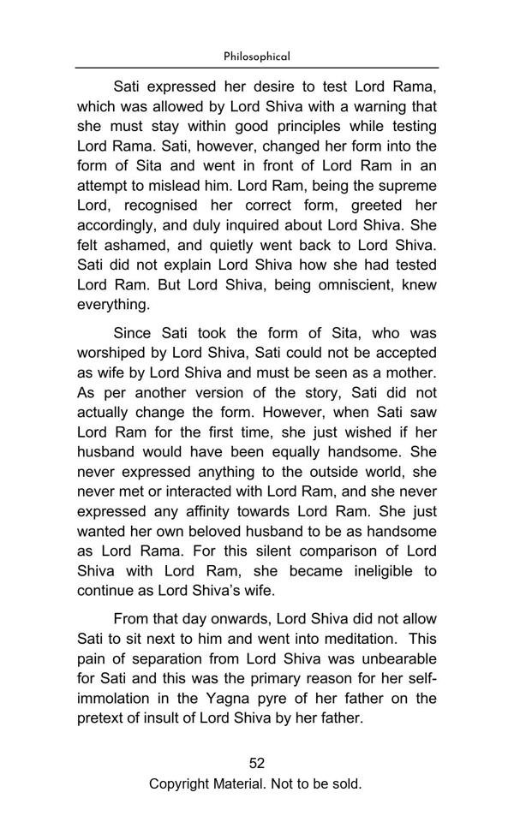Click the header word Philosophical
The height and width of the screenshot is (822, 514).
tap(256, 57)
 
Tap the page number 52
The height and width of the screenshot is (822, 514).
tap(257, 763)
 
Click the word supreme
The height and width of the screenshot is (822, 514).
tap(403, 185)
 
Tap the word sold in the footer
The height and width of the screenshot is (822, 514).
tap(344, 783)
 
